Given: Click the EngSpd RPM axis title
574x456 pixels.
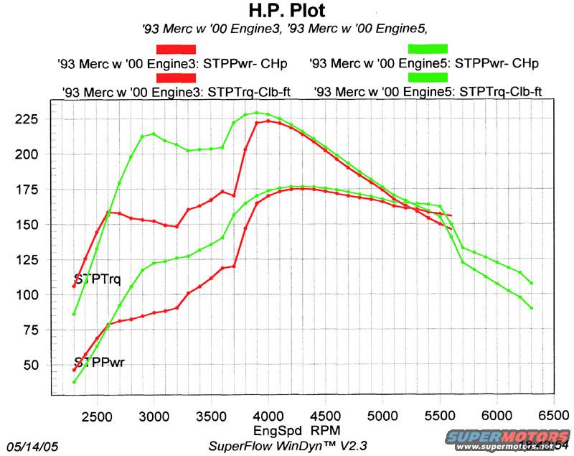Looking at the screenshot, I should [x=289, y=431].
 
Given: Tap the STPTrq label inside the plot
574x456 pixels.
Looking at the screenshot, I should [x=99, y=279].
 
